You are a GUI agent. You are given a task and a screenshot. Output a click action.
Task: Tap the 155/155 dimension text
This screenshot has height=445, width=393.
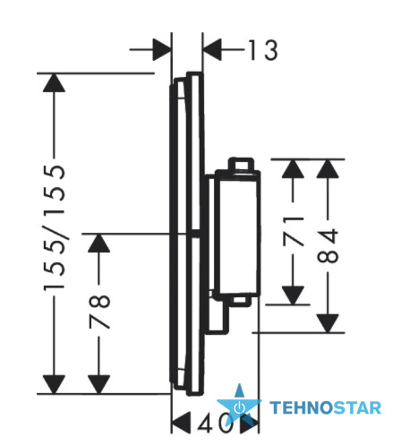click(55, 228)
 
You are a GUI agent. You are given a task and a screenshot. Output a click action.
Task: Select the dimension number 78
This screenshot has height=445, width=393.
click(99, 312)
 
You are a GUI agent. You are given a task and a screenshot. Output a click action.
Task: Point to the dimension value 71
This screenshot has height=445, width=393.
click(293, 231)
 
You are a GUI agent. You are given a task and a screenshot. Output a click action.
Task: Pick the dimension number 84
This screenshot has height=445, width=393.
click(328, 245)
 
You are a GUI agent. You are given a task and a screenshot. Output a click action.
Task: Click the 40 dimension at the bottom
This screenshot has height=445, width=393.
click(215, 424)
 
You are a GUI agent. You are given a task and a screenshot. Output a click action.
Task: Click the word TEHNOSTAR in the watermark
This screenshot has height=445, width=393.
click(325, 408)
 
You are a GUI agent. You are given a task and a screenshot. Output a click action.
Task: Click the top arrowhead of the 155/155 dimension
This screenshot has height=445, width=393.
click(54, 82)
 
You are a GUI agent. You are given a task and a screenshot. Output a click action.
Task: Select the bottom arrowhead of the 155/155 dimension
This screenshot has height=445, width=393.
click(54, 384)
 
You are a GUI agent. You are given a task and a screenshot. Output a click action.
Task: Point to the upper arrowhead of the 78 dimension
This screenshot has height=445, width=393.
click(99, 243)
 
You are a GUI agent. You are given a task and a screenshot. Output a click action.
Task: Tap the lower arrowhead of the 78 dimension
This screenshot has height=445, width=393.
click(99, 384)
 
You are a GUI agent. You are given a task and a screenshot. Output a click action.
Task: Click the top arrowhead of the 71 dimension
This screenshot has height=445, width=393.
click(293, 169)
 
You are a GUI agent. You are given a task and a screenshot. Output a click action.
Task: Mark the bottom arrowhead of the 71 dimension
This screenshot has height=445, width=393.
click(293, 295)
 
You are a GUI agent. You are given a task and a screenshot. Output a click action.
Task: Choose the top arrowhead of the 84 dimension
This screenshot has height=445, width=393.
click(328, 169)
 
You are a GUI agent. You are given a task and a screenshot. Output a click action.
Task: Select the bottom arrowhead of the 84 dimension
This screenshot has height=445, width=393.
click(328, 323)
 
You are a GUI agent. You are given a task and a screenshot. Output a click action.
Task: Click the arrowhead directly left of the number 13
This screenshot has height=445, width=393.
click(212, 49)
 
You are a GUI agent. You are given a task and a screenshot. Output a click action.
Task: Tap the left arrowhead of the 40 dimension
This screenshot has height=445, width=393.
click(181, 423)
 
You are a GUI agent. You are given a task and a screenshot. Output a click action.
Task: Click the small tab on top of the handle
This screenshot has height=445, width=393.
click(241, 164)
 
